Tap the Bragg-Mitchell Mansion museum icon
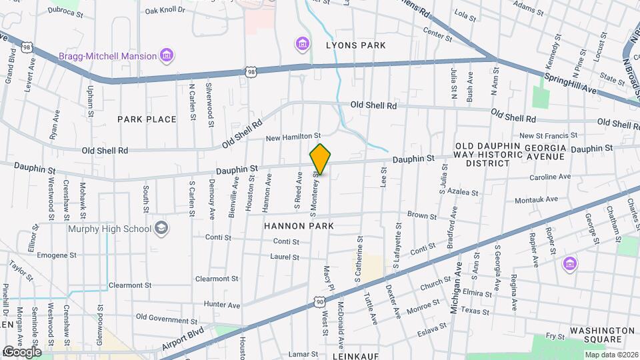pyautogui.click(x=167, y=56)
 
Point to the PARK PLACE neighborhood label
pyautogui.click(x=147, y=119)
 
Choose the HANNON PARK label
pyautogui.click(x=298, y=226)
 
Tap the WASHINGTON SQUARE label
pyautogui.click(x=603, y=335)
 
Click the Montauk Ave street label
pyautogui.click(x=537, y=199)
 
